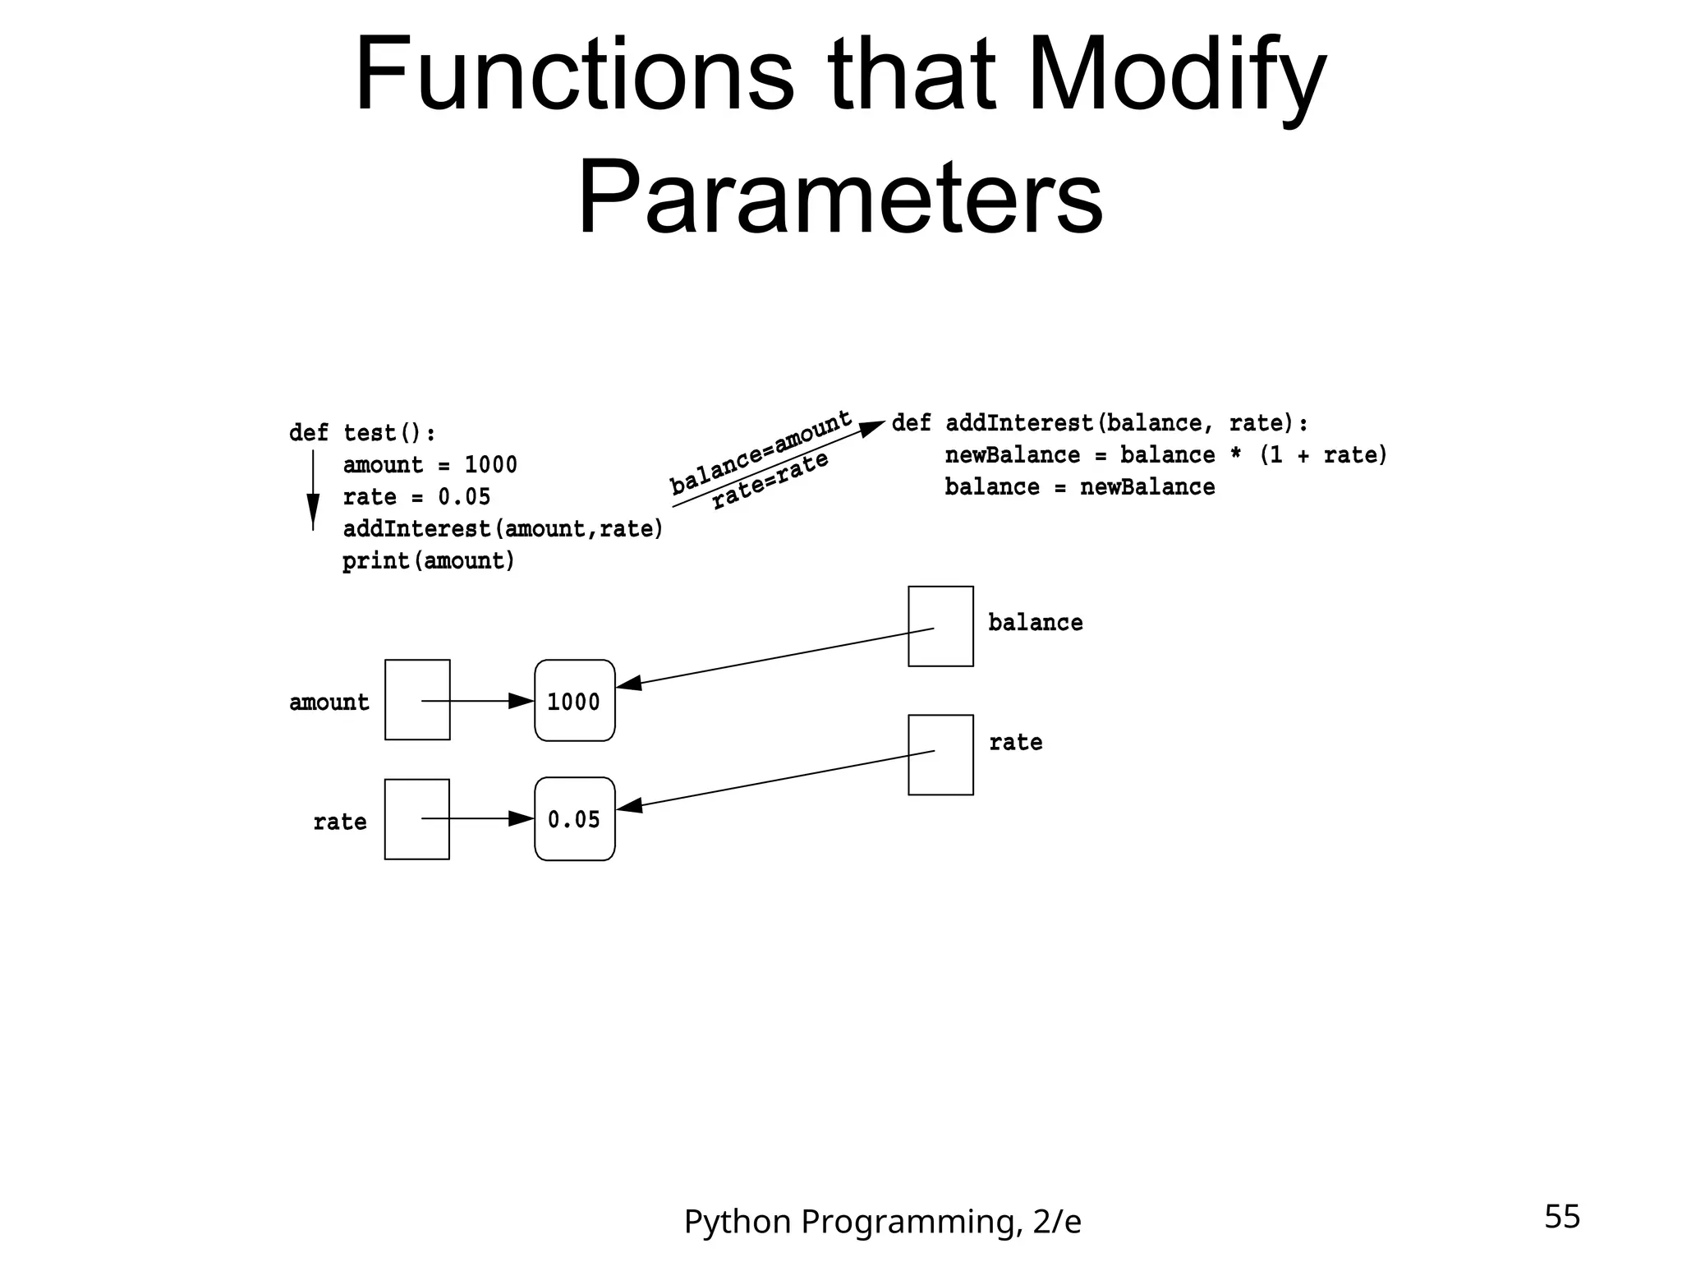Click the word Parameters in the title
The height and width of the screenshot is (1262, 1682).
840,197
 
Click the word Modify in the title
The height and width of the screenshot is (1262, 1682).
1176,76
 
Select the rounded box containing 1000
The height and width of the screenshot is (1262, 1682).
574,701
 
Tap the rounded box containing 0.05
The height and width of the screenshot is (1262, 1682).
574,819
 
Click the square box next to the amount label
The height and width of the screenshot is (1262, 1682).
417,700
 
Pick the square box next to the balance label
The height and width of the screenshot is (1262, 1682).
940,626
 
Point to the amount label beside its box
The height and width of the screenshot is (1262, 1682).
329,702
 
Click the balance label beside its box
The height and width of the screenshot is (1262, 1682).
1035,623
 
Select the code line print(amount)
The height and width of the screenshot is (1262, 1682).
429,561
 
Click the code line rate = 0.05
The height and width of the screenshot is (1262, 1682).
416,497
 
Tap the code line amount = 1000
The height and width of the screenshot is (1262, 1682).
430,465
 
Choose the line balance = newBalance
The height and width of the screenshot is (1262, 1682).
1079,487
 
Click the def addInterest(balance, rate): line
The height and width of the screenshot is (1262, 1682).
1099,423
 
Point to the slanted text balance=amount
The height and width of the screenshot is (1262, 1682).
761,452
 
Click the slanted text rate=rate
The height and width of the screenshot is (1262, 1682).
770,481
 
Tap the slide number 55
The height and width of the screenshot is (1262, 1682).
1561,1217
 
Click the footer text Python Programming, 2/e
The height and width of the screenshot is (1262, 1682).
882,1222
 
